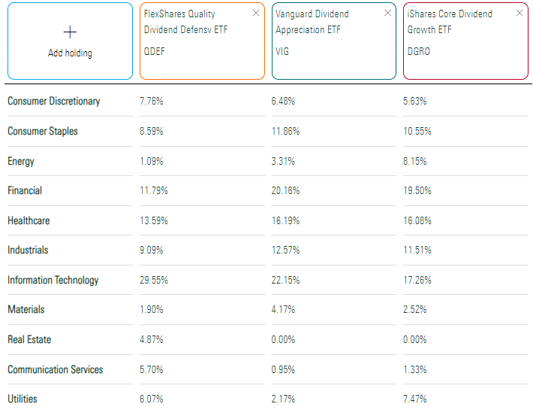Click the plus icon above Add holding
pos(70,32)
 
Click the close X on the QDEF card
pos(256,13)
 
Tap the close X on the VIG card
pos(387,13)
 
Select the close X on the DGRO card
pos(519,13)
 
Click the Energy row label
pos(21,161)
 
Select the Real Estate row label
pos(29,339)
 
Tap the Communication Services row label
pos(56,369)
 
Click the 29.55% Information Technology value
pos(154,280)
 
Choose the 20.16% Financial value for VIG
pos(285,190)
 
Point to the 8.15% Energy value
pos(415,161)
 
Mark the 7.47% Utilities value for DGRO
pos(415,399)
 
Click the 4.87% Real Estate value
pos(152,339)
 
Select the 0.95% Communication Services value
pos(283,369)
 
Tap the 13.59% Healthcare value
pos(154,220)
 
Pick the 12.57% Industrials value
pos(285,250)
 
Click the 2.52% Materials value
pos(415,309)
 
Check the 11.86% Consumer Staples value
pos(285,131)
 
